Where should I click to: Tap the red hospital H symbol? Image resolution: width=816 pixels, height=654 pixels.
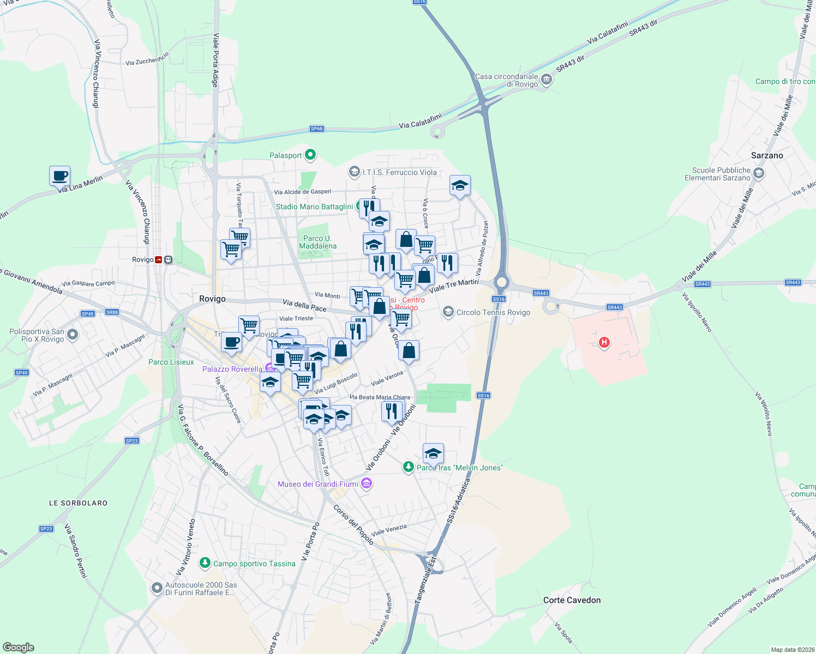(x=604, y=342)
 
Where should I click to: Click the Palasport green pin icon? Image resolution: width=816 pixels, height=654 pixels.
(x=310, y=155)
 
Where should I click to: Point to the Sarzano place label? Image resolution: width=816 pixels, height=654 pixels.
(x=766, y=155)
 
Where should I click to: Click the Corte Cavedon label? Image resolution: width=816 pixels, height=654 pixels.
(x=572, y=600)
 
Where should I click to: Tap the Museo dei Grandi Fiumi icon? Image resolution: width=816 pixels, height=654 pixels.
(x=367, y=484)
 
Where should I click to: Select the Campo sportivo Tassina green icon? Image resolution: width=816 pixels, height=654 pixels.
(x=205, y=563)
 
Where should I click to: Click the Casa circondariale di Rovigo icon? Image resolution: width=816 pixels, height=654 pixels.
(x=547, y=81)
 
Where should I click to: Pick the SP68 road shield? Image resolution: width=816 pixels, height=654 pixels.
(x=316, y=129)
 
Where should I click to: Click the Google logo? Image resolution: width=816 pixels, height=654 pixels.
(x=19, y=647)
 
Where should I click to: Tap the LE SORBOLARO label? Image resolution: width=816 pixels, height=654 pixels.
(x=78, y=503)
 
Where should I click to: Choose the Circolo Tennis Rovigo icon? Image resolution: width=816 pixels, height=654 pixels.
(x=448, y=312)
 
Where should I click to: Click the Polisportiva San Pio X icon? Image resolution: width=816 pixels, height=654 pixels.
(x=73, y=335)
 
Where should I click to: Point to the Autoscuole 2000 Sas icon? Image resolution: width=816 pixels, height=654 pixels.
(x=157, y=588)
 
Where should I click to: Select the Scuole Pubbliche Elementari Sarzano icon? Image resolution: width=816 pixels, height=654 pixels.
(x=758, y=174)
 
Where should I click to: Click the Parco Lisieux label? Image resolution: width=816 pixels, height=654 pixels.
(x=171, y=362)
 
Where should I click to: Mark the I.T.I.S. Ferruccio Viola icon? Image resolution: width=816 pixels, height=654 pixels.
(x=355, y=172)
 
